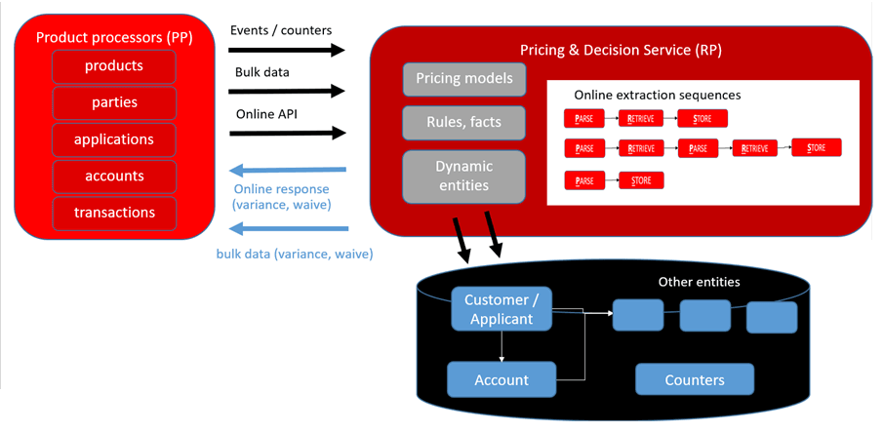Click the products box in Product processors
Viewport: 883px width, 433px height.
click(x=114, y=66)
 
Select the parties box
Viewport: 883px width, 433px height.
click(x=114, y=102)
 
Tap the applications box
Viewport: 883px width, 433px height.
click(x=114, y=139)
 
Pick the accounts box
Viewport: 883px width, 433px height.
click(x=114, y=177)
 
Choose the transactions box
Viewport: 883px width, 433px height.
click(x=114, y=213)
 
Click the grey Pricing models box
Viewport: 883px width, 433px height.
click(x=463, y=78)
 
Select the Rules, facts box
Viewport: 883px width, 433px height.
click(x=463, y=122)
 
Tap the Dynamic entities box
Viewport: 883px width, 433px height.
click(x=463, y=176)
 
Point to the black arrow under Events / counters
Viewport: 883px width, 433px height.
click(x=288, y=50)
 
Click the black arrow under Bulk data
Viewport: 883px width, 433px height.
click(x=288, y=92)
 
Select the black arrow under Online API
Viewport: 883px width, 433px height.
click(x=288, y=133)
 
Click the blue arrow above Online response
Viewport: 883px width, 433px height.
click(x=288, y=172)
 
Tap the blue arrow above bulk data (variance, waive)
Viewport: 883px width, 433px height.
click(x=288, y=230)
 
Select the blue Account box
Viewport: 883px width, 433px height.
click(x=501, y=379)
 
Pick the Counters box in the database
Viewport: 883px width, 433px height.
click(x=694, y=379)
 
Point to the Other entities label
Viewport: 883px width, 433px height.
click(x=699, y=283)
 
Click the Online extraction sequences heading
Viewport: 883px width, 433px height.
click(x=657, y=96)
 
